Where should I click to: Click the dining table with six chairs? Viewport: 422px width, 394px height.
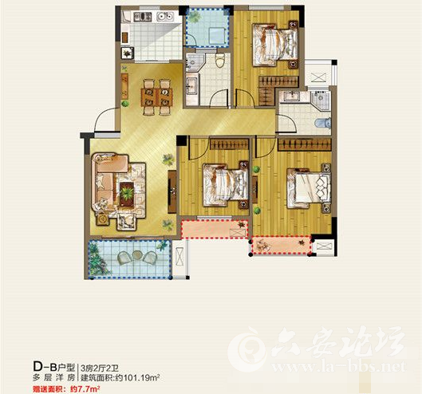156,97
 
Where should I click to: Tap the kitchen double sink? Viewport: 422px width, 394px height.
165,17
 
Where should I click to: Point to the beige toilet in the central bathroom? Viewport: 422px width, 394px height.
220,61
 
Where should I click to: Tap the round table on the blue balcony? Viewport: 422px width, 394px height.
137,255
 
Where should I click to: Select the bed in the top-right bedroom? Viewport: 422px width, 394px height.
275,45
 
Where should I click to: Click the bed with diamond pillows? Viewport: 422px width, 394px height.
309,188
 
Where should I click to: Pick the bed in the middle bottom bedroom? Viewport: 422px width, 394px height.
226,184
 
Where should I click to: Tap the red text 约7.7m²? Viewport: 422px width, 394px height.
85,389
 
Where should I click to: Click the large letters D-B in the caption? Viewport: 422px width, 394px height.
45,366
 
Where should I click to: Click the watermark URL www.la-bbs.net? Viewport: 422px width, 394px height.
338,367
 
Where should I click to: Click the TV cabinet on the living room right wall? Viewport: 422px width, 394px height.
172,192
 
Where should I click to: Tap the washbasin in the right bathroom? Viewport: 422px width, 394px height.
292,96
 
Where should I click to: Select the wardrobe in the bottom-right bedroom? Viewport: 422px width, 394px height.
305,144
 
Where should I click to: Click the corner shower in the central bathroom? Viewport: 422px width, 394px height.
192,62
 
